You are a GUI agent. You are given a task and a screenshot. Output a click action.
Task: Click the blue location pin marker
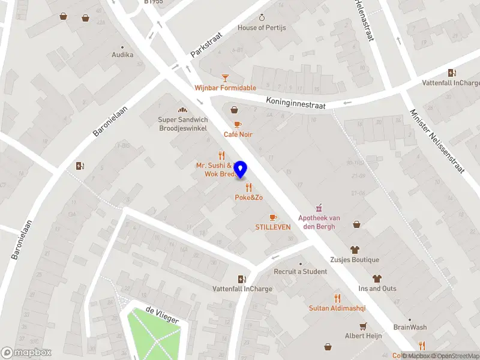pos(241,170)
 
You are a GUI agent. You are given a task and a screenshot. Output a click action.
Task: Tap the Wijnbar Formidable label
pos(225,88)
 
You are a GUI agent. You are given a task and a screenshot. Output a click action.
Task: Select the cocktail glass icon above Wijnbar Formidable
pos(225,77)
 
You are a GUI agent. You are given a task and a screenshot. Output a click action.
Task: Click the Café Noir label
pos(238,134)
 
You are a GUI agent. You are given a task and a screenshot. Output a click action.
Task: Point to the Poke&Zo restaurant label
pos(248,197)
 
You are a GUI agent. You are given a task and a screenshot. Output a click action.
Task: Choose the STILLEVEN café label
pos(273,227)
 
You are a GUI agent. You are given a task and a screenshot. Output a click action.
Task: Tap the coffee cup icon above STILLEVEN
pos(273,217)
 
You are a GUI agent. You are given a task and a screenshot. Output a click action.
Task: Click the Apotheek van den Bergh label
pos(319,222)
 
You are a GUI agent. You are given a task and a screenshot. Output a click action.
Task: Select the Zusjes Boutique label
pos(354,260)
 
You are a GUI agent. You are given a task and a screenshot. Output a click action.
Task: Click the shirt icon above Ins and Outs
pos(377,278)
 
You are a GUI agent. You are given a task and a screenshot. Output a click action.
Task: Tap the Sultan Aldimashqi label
pos(337,308)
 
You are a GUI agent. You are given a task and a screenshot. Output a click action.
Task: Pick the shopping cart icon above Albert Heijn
pos(363,326)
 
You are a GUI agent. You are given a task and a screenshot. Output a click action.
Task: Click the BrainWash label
pos(410,327)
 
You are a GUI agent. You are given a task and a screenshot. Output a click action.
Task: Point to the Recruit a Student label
pos(301,272)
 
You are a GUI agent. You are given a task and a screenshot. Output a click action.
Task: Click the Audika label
pos(122,55)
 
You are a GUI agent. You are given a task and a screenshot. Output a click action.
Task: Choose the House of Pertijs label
pos(262,28)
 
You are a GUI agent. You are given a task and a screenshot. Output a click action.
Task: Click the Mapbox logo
pos(26,352)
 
